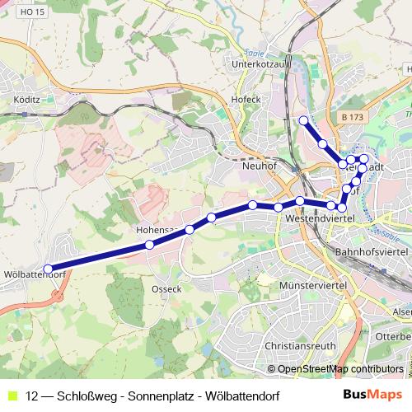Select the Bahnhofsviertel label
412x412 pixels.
pos(372,249)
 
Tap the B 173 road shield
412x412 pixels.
pos(352,119)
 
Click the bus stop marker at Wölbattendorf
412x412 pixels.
pos(48,269)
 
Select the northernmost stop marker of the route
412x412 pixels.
pos(303,120)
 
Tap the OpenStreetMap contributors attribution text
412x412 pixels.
pos(340,369)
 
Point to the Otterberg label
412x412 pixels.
pos(398,336)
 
